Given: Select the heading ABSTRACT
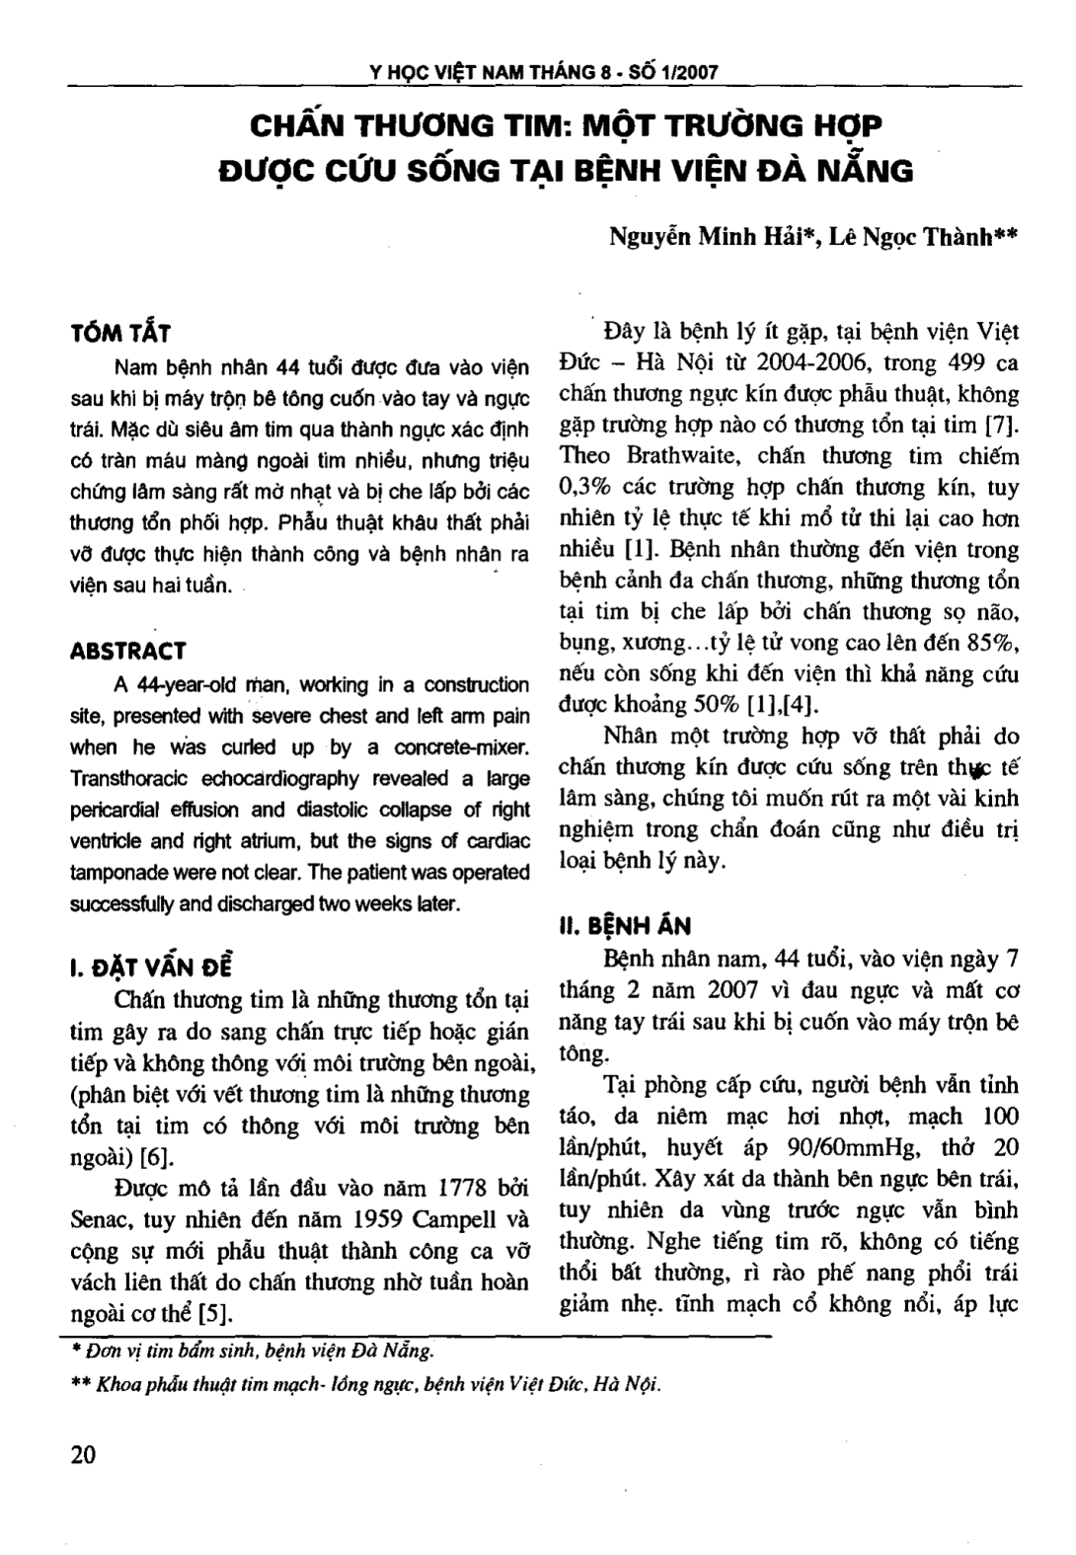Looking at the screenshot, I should point(128,651).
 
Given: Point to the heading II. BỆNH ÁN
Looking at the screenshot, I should point(625,925).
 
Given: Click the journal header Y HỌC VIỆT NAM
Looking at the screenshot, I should point(454,73).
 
